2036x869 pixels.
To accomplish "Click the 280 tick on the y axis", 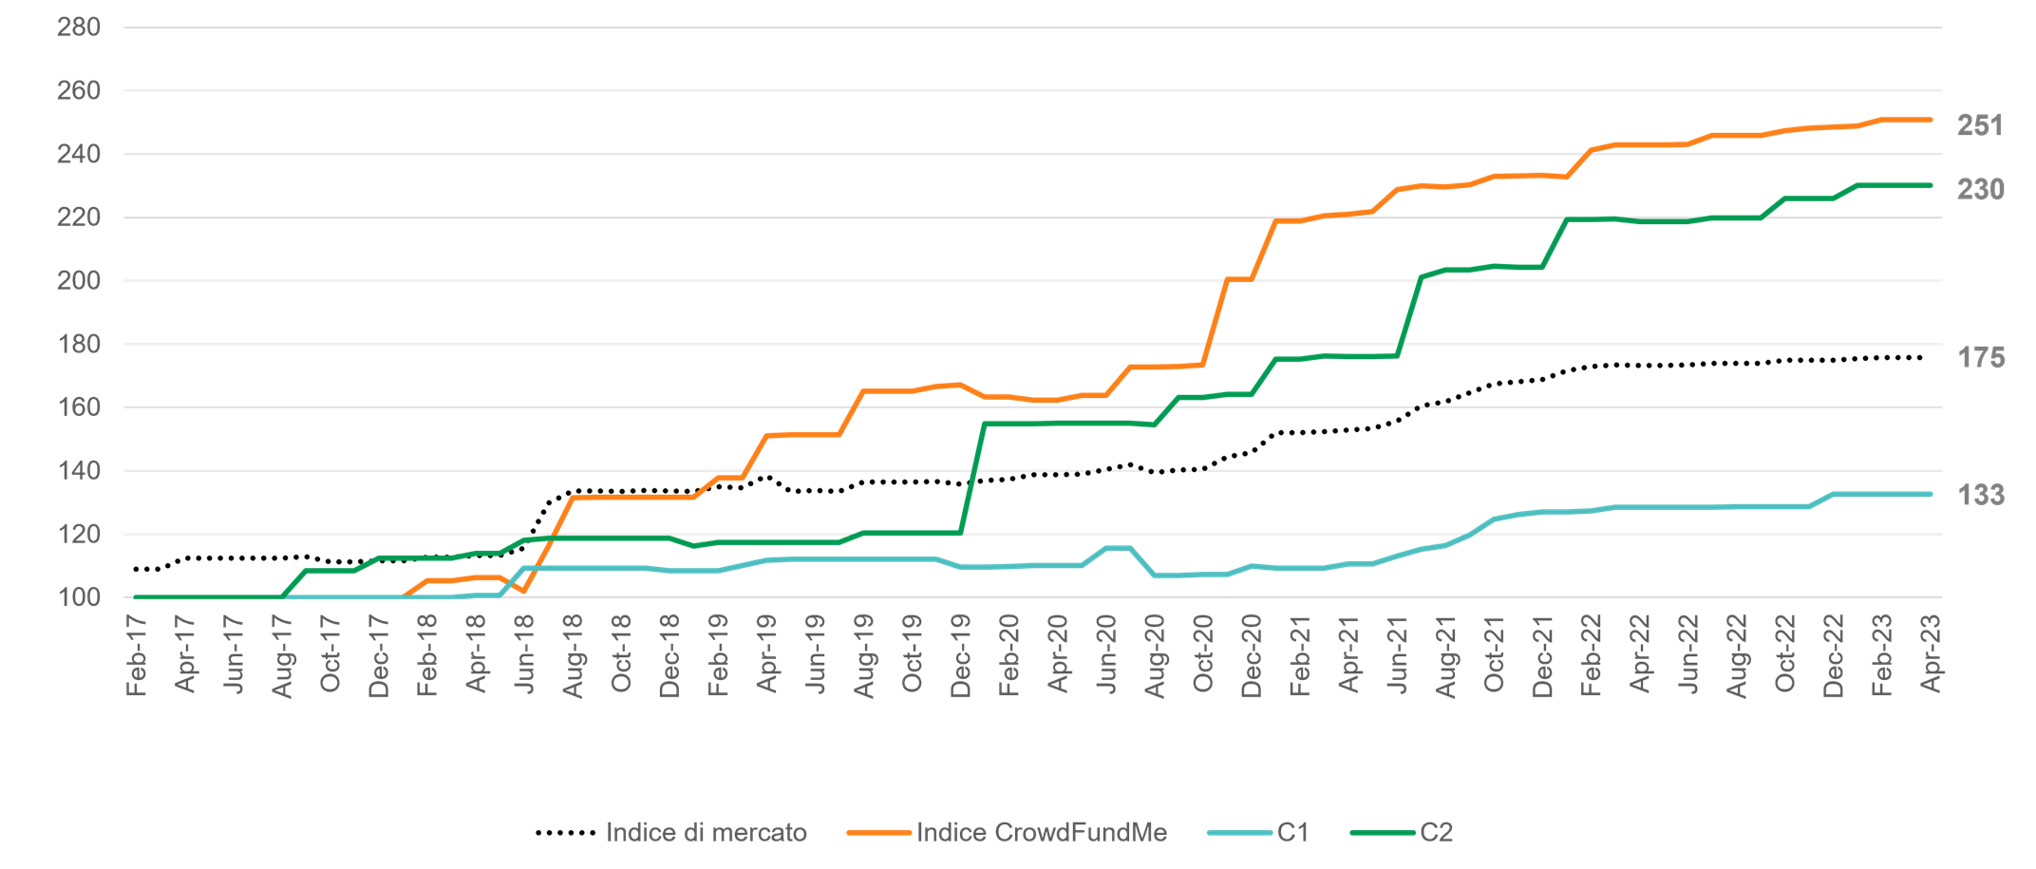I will tap(79, 28).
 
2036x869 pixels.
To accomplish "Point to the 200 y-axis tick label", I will tap(79, 281).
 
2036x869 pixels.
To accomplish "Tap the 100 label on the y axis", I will tap(79, 597).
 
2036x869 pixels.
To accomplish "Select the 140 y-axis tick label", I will tap(79, 471).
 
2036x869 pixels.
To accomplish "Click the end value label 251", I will tap(1980, 125).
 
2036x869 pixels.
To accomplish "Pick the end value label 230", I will tap(1980, 190).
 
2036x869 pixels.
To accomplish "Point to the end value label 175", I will tap(1981, 358).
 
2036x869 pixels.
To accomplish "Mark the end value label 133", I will tap(1981, 495).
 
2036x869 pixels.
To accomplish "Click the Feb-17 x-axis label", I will tap(138, 655).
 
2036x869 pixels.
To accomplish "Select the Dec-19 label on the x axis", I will tap(962, 655).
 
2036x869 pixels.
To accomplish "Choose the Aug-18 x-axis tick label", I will tap(574, 655).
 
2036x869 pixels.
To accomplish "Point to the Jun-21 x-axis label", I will tap(1398, 655).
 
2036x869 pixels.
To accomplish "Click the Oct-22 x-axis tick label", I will tap(1786, 655).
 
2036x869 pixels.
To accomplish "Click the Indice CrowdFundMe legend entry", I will tap(1041, 833).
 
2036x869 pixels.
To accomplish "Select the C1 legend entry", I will tap(1292, 833).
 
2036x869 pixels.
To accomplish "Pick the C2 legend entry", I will tap(1436, 833).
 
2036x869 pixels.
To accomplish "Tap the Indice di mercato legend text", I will tap(707, 833).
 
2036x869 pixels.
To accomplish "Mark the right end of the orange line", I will tap(1931, 120).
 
